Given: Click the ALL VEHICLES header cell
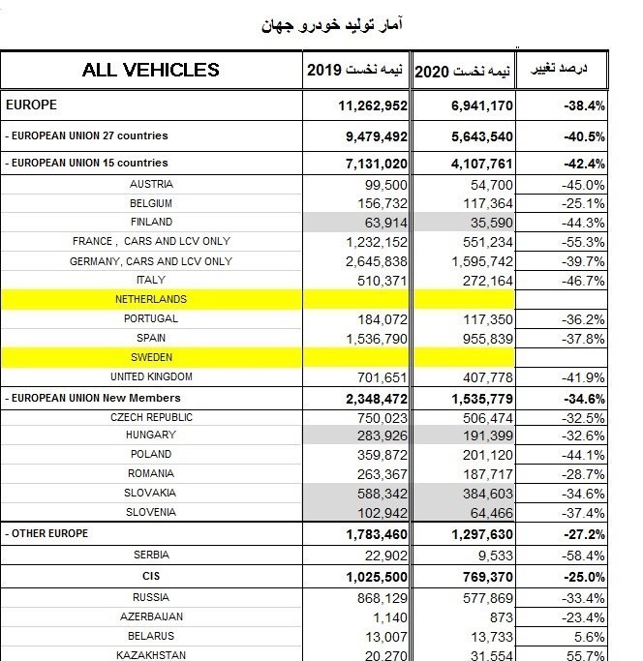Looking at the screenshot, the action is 151,70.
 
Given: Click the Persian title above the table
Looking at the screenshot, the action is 331,24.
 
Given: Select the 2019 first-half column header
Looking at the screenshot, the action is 354,70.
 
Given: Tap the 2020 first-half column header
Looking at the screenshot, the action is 463,71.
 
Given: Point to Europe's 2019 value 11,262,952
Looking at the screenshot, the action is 373,105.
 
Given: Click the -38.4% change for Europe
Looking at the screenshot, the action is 584,105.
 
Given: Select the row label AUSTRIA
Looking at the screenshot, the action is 151,184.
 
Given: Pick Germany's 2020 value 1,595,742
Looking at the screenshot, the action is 482,261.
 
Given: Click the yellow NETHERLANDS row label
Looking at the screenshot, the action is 151,299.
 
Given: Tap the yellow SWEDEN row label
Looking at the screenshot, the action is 151,357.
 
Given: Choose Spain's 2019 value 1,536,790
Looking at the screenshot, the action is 377,339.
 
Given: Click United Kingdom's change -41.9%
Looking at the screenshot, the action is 583,377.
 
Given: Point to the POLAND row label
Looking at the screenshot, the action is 151,454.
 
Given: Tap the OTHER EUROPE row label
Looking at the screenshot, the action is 46,533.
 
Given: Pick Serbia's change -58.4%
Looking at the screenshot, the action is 583,556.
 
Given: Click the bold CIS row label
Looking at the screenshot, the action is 151,576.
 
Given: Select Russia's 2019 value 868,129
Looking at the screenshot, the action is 383,599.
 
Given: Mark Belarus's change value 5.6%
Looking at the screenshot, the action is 589,637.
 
